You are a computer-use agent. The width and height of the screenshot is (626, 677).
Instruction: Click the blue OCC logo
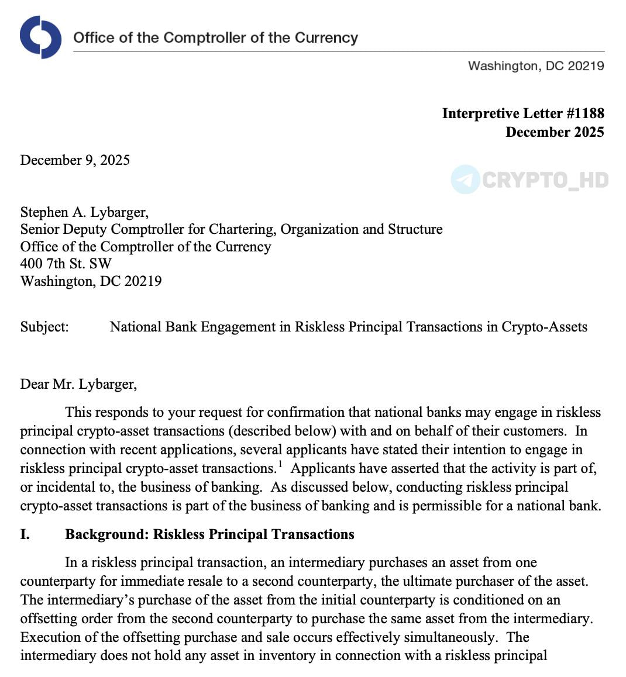pos(40,37)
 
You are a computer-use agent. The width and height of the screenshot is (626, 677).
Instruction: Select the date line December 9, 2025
pos(75,160)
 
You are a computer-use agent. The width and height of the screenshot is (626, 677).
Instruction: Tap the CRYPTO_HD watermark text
pos(545,180)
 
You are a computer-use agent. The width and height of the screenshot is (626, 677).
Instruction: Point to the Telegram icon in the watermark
pos(466,179)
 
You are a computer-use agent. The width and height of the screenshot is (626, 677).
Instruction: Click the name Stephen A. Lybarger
pos(84,212)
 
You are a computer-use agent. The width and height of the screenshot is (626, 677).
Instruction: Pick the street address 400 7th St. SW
pos(66,264)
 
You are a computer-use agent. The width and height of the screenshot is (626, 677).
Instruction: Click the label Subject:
pos(44,327)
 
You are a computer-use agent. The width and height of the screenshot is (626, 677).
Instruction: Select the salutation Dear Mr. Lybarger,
pos(78,384)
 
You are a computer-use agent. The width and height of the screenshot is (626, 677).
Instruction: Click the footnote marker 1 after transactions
pos(280,465)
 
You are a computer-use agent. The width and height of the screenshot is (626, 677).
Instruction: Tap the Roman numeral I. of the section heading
pos(25,534)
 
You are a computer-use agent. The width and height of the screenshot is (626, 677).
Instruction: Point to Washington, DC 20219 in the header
pos(536,66)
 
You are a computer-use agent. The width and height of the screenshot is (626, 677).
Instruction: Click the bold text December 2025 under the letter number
pos(555,132)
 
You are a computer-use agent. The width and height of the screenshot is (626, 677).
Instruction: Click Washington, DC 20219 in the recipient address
pos(91,281)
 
